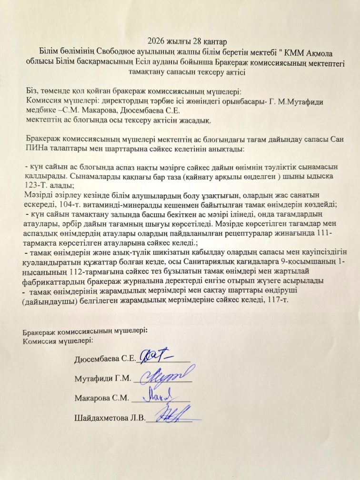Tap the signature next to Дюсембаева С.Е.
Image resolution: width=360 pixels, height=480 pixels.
point(157,355)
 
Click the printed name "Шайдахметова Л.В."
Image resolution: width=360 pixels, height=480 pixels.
point(109,419)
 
